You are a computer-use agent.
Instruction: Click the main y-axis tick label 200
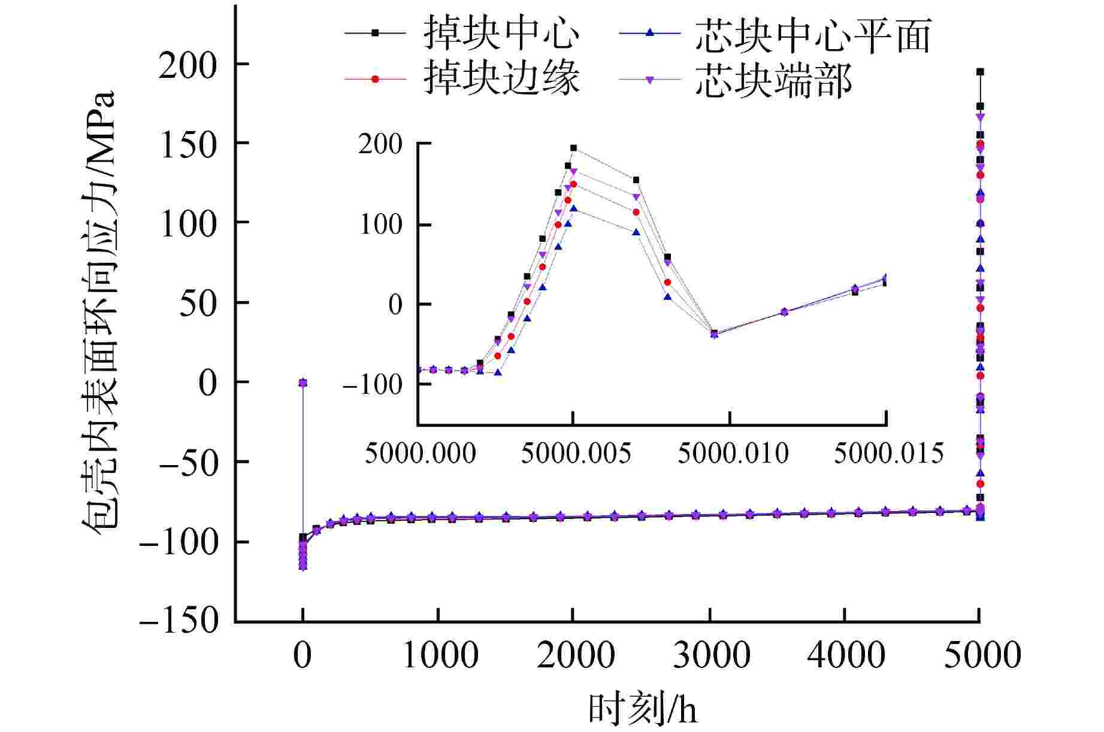187,65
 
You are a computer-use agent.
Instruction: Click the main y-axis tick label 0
207,382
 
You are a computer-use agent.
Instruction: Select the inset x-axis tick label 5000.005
576,453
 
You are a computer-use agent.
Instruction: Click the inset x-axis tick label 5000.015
889,453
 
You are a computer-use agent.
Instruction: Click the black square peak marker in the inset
573,148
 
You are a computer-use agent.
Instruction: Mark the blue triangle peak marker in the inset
573,208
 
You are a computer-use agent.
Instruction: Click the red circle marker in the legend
376,78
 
